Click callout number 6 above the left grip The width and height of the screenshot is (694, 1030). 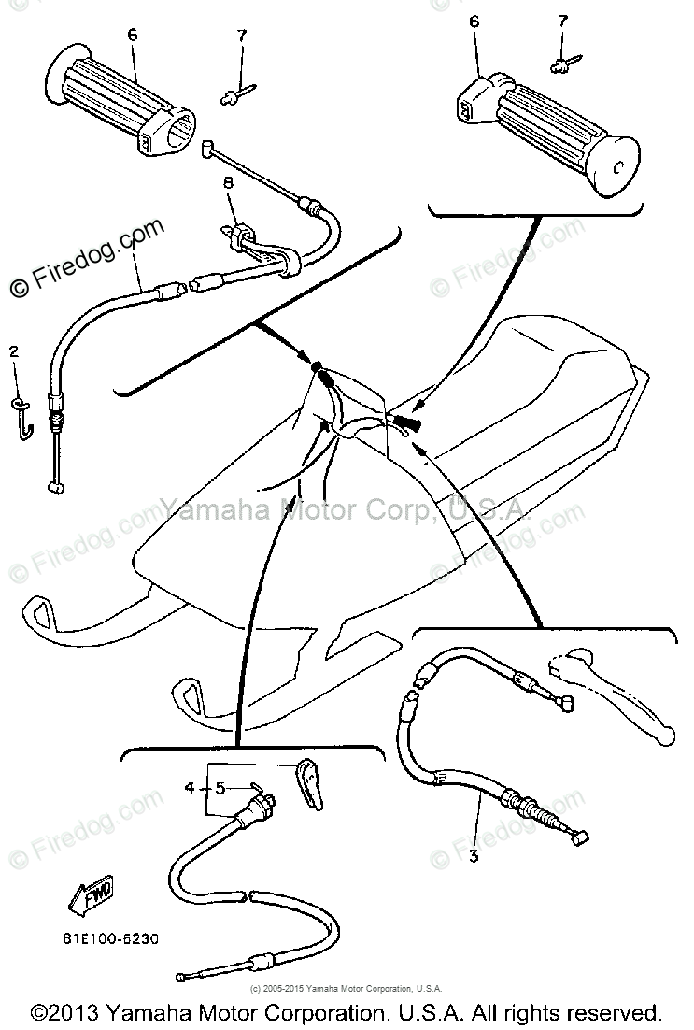pos(132,35)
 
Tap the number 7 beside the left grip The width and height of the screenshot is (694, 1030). pos(241,36)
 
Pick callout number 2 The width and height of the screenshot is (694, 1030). pos(13,351)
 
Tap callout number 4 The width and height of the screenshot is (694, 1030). pos(190,788)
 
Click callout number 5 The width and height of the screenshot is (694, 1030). pos(220,788)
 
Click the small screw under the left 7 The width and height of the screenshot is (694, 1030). pos(234,92)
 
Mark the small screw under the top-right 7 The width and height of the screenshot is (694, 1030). pos(561,63)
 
